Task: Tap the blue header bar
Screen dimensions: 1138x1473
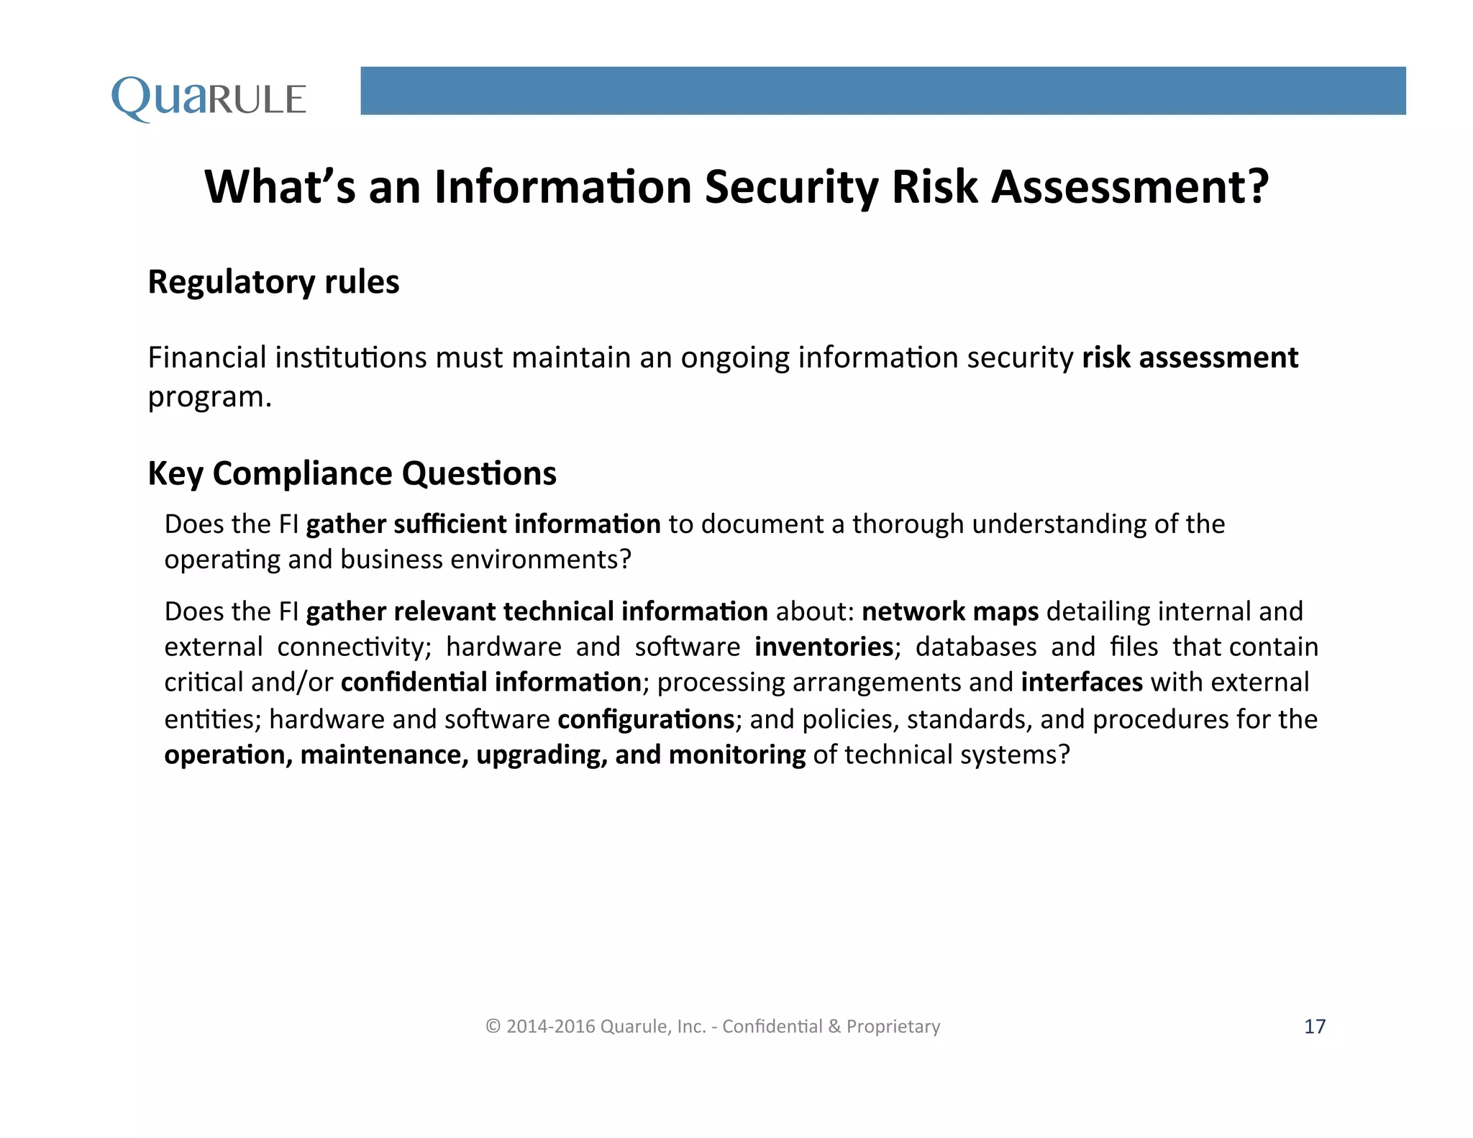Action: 883,91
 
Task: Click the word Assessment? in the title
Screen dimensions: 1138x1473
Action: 1130,187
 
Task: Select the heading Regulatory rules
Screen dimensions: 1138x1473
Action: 273,282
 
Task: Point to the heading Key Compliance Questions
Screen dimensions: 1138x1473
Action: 352,473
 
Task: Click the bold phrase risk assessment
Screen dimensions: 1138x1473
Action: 1190,358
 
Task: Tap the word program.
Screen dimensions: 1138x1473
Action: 209,397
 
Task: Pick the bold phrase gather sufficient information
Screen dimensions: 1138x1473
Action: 483,524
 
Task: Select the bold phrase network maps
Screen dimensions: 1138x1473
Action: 950,611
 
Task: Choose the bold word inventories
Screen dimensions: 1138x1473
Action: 824,647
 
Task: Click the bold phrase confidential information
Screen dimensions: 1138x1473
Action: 491,682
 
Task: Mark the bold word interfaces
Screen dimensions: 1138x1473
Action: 1082,682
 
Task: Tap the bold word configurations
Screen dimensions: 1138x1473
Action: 646,719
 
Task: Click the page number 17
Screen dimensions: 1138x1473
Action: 1315,1027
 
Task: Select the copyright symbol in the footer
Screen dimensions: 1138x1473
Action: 493,1027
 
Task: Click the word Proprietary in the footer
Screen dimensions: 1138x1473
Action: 893,1027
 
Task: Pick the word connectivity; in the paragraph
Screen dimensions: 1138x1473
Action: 354,647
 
